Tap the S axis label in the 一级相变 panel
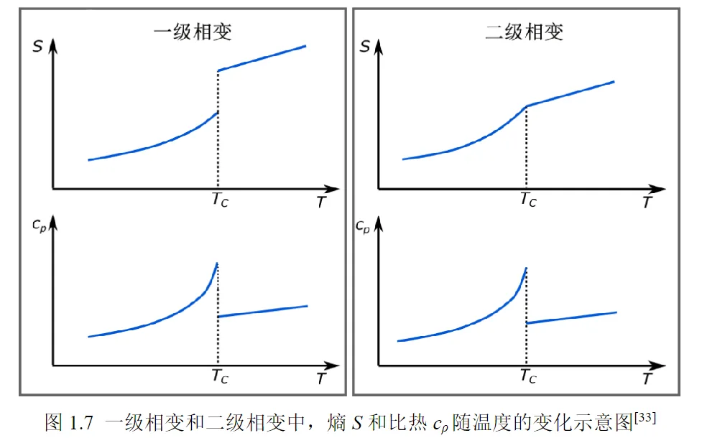click(37, 47)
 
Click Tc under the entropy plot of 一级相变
click(219, 200)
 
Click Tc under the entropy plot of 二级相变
click(528, 200)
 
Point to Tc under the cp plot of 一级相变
click(220, 374)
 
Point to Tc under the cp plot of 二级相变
click(528, 374)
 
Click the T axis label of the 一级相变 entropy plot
click(320, 203)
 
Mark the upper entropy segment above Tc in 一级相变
click(262, 58)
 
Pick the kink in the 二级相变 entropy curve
click(527, 106)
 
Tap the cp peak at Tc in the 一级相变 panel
click(216, 264)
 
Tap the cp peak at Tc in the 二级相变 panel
click(526, 269)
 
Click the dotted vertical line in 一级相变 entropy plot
click(218, 151)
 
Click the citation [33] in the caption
click(645, 417)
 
